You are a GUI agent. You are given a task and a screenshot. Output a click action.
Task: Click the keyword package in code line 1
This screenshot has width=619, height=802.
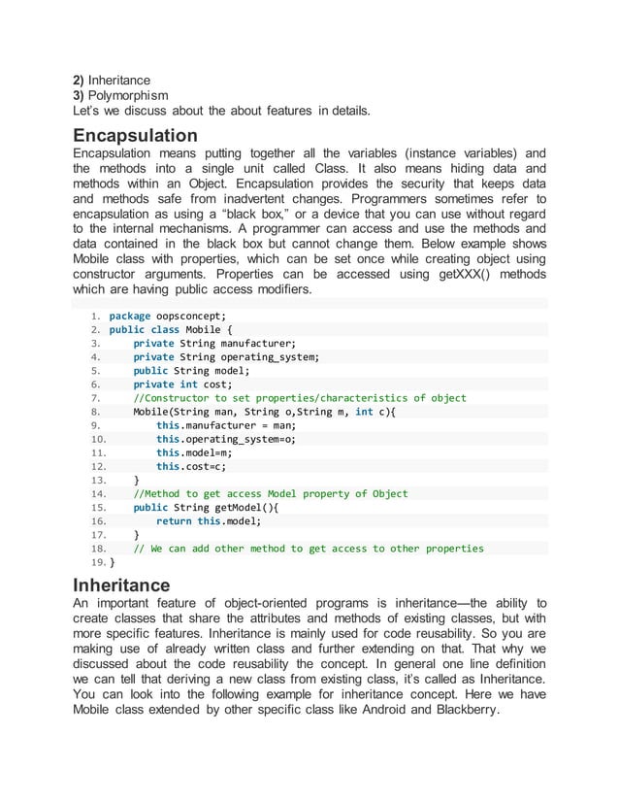point(129,316)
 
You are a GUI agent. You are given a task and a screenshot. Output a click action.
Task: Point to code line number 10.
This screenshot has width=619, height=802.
point(96,439)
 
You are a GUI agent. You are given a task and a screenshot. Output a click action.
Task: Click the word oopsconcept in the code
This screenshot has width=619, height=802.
point(190,316)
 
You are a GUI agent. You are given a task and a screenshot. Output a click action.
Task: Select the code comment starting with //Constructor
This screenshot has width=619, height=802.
point(300,398)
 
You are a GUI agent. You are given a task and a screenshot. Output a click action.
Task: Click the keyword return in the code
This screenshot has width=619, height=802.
point(174,520)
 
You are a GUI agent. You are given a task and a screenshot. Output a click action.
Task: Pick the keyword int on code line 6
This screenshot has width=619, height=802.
point(189,384)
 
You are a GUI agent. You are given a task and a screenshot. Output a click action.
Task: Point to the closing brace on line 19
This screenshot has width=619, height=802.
point(113,562)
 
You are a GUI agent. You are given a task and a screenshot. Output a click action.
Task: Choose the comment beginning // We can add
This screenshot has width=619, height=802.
point(309,549)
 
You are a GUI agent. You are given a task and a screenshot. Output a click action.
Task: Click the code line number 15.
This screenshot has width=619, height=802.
point(96,507)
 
